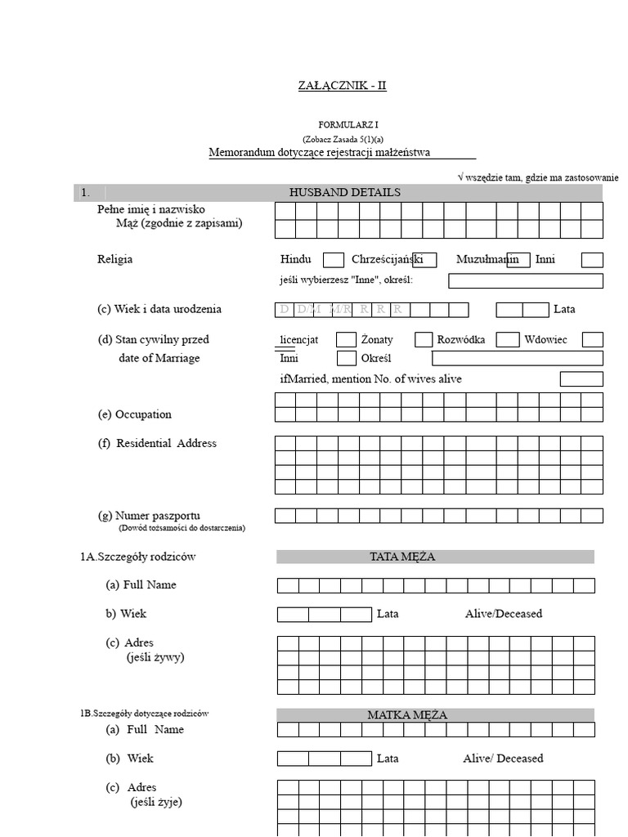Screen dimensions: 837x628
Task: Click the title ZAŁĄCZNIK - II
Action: point(342,86)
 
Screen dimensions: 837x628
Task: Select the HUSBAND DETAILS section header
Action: point(345,192)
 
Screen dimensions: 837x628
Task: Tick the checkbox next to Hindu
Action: point(334,260)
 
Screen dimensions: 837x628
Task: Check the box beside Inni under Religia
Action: point(592,260)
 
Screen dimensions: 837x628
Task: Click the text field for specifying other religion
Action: point(526,281)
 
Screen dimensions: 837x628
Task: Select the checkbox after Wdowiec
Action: point(592,339)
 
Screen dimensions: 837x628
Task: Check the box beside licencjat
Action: point(347,339)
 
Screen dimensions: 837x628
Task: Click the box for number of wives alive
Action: point(581,379)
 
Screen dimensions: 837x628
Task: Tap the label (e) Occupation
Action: point(134,414)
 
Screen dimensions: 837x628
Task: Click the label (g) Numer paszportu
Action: point(148,516)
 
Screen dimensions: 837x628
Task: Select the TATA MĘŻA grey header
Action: point(435,557)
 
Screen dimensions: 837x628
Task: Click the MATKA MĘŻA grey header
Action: point(435,714)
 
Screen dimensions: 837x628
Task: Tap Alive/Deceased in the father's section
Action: point(503,613)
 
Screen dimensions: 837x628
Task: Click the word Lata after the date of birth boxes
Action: point(565,310)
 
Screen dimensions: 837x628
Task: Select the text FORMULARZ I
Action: point(342,124)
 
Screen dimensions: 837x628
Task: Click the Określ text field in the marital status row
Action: point(517,358)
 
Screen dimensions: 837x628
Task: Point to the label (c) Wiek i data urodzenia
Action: point(159,310)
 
